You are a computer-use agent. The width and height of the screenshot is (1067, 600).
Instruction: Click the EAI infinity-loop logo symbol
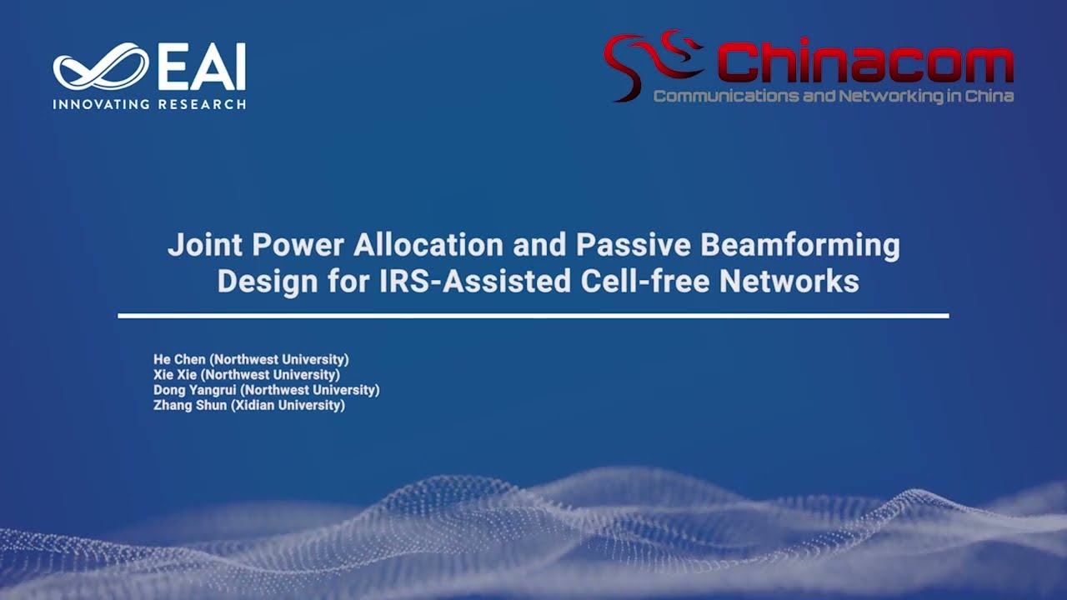[100, 67]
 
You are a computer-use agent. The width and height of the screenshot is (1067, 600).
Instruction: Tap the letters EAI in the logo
[202, 67]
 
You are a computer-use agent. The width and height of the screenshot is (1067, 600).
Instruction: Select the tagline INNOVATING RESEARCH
[149, 104]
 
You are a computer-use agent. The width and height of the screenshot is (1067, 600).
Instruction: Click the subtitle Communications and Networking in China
[833, 97]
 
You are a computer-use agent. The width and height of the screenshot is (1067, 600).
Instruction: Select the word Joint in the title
[205, 245]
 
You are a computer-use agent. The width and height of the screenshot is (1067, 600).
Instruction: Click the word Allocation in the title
[428, 245]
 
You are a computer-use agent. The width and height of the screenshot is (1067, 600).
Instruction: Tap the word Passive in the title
[634, 245]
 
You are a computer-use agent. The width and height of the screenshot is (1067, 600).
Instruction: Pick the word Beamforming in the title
[799, 245]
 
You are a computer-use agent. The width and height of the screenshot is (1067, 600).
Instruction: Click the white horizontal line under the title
[533, 316]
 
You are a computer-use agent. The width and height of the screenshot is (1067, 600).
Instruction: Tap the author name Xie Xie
[175, 375]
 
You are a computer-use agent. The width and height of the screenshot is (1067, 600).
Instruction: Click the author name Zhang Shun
[190, 405]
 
